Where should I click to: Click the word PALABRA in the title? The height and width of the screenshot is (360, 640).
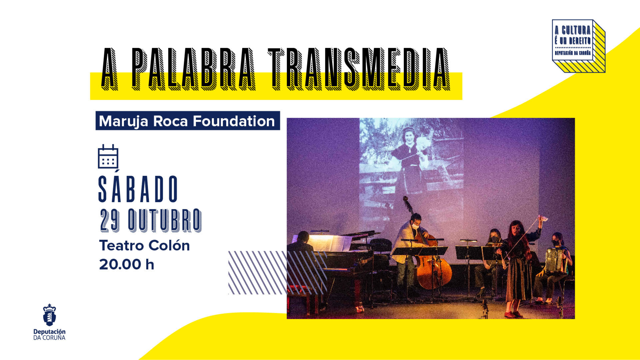[x=193, y=69]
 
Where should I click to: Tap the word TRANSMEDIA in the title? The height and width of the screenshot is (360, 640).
[x=359, y=69]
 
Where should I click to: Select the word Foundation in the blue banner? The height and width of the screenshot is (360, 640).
[x=233, y=121]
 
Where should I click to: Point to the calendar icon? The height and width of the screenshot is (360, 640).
[x=108, y=157]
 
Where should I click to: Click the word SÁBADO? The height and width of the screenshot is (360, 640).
[x=138, y=187]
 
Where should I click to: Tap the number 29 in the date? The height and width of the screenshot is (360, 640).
[x=110, y=221]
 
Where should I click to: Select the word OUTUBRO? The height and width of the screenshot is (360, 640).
[x=165, y=221]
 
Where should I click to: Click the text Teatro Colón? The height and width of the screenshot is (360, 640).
[x=144, y=245]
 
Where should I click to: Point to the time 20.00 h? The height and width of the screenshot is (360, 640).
[x=127, y=264]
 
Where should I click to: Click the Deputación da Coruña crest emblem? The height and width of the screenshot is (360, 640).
[x=49, y=315]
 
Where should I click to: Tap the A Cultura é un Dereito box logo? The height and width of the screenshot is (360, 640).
[x=578, y=46]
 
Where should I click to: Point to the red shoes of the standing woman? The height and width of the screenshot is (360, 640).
[x=513, y=314]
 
